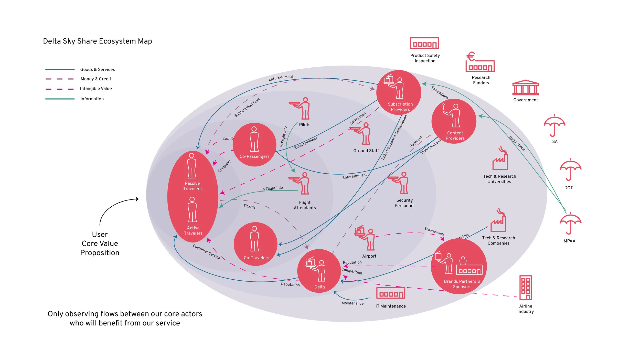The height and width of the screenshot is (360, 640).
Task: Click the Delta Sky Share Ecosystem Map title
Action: tap(97, 41)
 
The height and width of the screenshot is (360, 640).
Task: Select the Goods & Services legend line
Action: tap(60, 69)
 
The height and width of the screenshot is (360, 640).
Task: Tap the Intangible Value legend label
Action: tap(96, 89)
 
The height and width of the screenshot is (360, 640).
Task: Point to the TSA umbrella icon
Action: tap(554, 125)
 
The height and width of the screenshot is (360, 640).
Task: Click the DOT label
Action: tap(568, 188)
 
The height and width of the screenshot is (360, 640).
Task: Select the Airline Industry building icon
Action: tap(525, 288)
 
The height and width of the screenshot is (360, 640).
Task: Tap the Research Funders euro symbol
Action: tap(471, 57)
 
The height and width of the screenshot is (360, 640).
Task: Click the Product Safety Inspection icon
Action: tap(424, 43)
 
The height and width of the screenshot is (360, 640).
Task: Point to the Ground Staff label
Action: tap(366, 151)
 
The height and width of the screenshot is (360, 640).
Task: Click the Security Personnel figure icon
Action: tap(400, 183)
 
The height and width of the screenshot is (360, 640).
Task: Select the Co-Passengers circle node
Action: tap(254, 145)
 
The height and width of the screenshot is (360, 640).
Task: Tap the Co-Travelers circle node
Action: tap(255, 244)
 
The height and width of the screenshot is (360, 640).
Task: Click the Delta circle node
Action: tap(319, 271)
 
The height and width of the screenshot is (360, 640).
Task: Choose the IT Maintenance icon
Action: tap(390, 293)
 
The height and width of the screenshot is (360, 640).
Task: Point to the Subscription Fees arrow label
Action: tap(247, 108)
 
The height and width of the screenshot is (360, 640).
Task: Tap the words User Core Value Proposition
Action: tap(100, 243)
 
